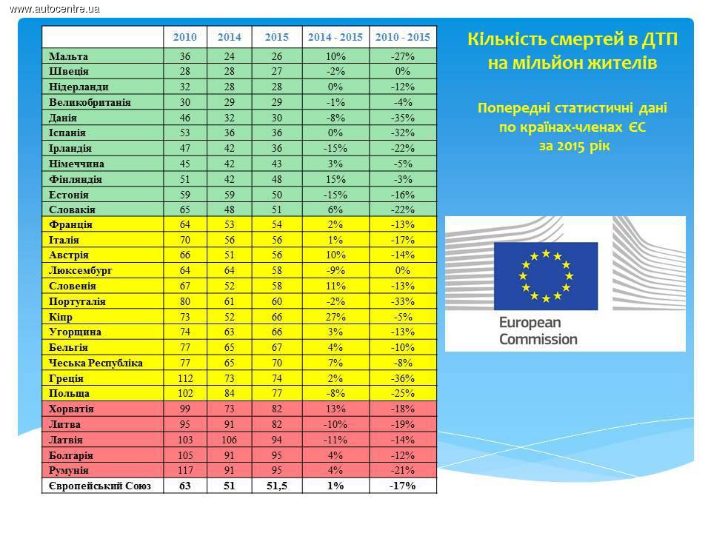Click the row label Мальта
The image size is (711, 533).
[68, 56]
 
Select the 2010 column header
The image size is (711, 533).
[184, 37]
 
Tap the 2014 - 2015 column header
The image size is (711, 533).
[335, 37]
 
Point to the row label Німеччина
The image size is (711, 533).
[76, 164]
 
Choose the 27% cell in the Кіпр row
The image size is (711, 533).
[335, 317]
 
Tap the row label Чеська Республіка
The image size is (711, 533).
[96, 363]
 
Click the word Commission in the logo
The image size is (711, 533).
[538, 340]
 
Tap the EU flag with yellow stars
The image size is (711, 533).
[546, 275]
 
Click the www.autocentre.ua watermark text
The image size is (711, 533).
[55, 8]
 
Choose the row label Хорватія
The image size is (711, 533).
[71, 409]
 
